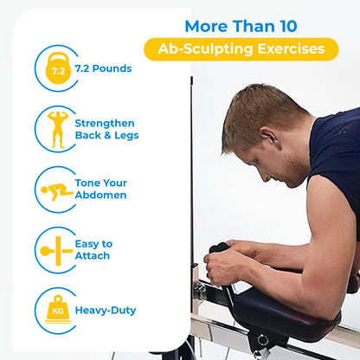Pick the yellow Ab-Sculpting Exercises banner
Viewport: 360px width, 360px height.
(x=241, y=48)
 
